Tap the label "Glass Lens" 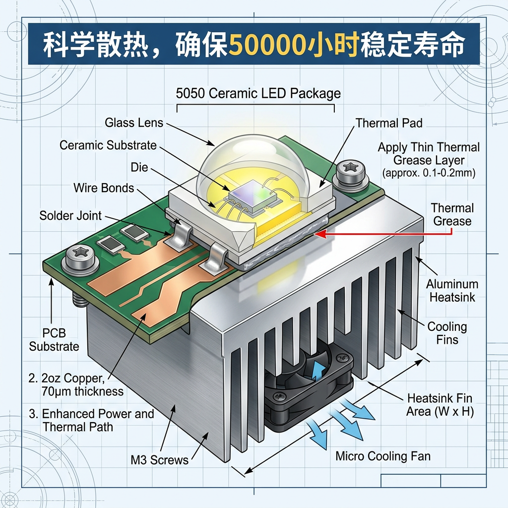(x=134, y=123)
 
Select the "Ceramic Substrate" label (x=108, y=145)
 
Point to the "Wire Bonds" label (x=104, y=188)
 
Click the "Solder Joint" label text (x=70, y=216)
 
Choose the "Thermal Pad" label (x=389, y=123)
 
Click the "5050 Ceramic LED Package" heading (x=258, y=93)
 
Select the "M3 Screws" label (x=159, y=460)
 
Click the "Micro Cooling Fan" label (x=383, y=456)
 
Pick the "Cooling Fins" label (x=447, y=333)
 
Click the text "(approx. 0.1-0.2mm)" (x=429, y=174)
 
